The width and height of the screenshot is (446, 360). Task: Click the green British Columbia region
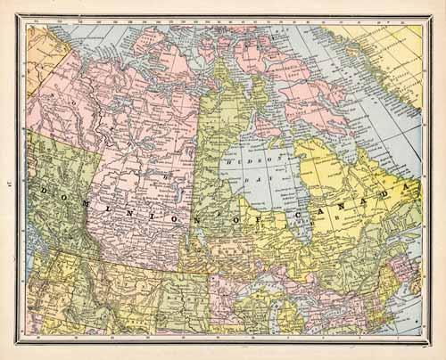[54, 223]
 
